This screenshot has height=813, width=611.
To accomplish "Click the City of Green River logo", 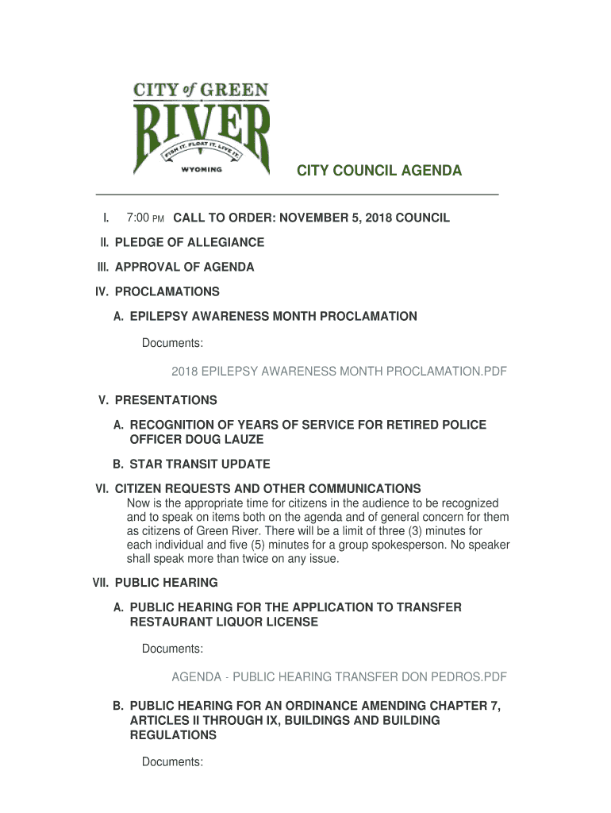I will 202,129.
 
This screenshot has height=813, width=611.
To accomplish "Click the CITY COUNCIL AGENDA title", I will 379,171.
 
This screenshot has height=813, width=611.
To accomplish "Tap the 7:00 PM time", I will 144,218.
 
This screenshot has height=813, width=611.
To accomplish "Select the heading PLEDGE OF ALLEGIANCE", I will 190,242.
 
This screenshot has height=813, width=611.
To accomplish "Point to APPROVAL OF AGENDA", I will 184,267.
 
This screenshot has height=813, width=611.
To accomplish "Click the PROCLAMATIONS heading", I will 167,291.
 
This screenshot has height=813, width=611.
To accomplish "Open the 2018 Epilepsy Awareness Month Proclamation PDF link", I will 339,371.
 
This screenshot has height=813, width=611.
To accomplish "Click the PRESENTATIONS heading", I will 166,400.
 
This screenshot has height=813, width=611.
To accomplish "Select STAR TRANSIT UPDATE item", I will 200,464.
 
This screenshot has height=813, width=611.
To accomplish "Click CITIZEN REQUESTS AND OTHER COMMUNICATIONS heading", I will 267,488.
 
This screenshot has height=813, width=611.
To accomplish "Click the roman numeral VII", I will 101,583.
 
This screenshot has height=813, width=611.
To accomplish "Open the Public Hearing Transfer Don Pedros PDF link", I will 339,676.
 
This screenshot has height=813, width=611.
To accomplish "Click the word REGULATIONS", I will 173,735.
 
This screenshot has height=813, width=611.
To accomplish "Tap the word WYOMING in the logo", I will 202,169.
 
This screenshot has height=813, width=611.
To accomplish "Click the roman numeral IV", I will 102,291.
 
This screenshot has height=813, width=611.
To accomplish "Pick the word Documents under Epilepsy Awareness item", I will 172,343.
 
